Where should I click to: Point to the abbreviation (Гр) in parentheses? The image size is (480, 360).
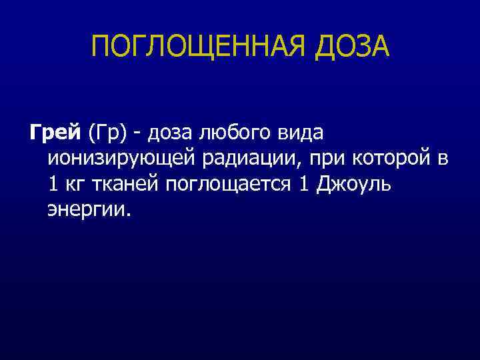107,133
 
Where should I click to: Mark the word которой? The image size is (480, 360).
391,159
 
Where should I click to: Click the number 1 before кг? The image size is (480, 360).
53,185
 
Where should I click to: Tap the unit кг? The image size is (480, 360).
76,185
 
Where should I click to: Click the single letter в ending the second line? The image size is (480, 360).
443,160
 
